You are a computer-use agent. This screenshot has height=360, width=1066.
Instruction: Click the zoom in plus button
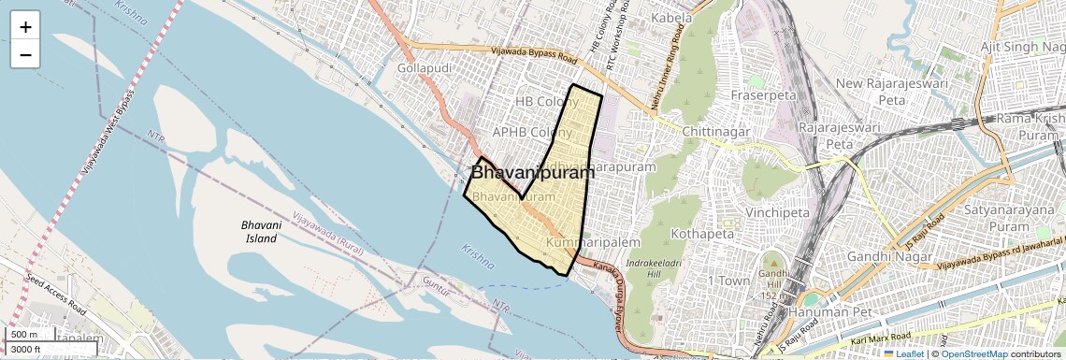(25, 27)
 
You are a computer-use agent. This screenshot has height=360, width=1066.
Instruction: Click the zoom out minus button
(25, 55)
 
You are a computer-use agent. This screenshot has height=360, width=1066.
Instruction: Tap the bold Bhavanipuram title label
(533, 173)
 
